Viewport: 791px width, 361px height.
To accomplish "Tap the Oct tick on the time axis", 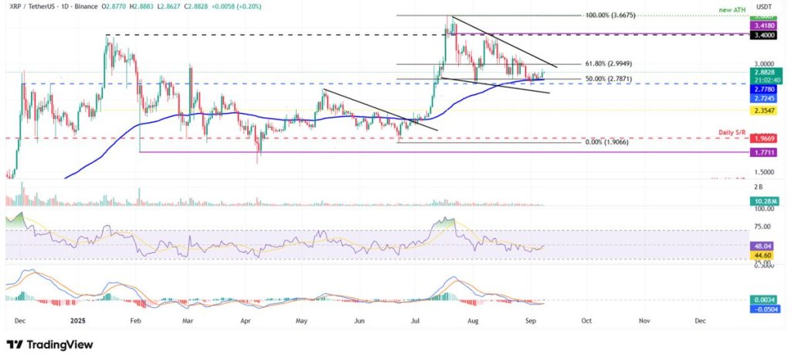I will tap(586, 319).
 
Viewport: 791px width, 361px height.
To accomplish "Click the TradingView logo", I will tap(49, 344).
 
